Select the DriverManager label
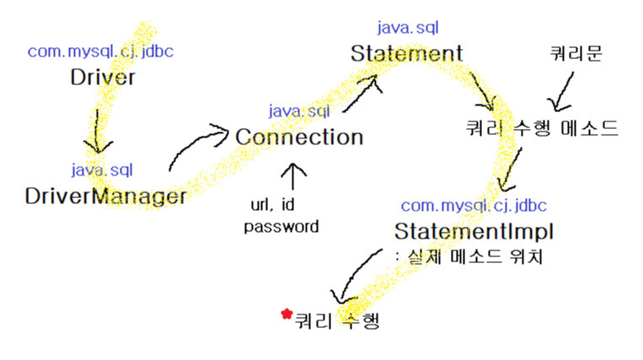point(105,196)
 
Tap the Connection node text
point(299,137)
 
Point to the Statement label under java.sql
point(407,54)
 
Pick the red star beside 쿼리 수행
point(286,314)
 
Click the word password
point(281,226)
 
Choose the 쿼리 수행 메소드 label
point(543,128)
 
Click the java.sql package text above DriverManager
point(101,170)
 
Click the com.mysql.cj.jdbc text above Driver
point(101,51)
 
